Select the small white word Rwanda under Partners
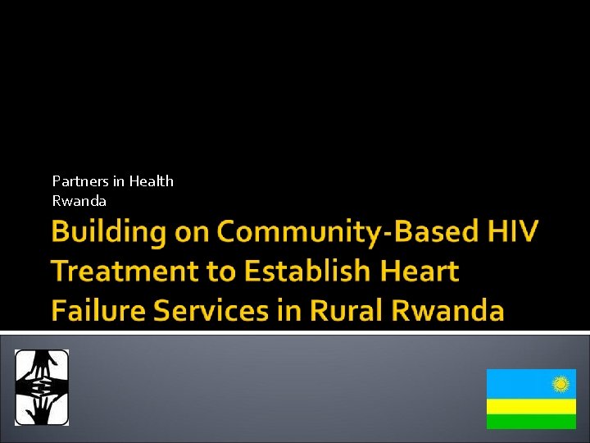click(79, 201)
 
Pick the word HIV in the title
click(513, 232)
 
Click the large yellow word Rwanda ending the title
click(447, 311)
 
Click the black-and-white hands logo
click(42, 387)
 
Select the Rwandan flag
click(530, 399)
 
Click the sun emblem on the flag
click(561, 383)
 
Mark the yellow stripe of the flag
click(530, 406)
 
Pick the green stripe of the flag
click(530, 421)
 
